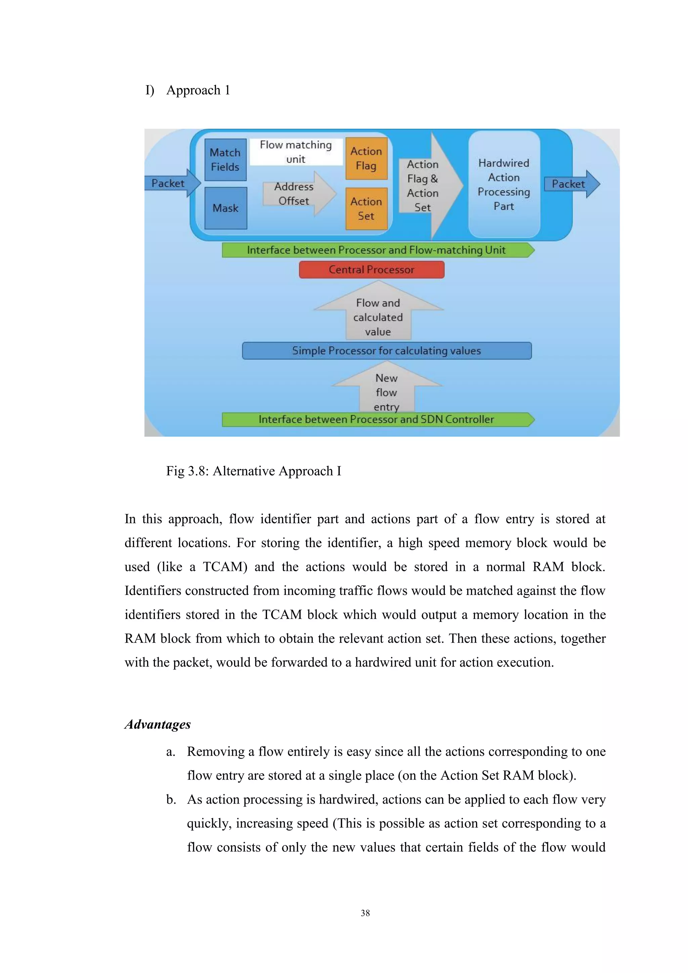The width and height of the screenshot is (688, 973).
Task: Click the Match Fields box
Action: click(x=225, y=160)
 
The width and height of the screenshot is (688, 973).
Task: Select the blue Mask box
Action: click(x=225, y=208)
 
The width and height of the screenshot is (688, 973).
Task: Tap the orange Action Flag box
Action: click(x=367, y=159)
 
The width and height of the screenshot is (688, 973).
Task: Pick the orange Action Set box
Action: click(x=367, y=209)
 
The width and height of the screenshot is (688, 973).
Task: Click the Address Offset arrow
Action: click(x=297, y=194)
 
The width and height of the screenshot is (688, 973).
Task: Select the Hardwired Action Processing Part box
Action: click(x=504, y=184)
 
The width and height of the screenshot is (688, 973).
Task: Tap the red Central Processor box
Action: click(x=372, y=269)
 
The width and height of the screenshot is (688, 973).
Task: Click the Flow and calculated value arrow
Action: click(x=378, y=316)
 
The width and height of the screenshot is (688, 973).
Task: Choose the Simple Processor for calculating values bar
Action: click(x=386, y=350)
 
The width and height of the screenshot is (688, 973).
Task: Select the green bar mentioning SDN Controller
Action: click(x=376, y=420)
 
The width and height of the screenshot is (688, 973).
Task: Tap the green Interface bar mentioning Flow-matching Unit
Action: click(x=376, y=250)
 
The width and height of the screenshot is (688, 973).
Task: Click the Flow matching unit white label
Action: click(x=296, y=152)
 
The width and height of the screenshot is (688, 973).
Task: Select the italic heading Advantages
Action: click(x=158, y=724)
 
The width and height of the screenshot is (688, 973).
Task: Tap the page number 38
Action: click(x=365, y=913)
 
